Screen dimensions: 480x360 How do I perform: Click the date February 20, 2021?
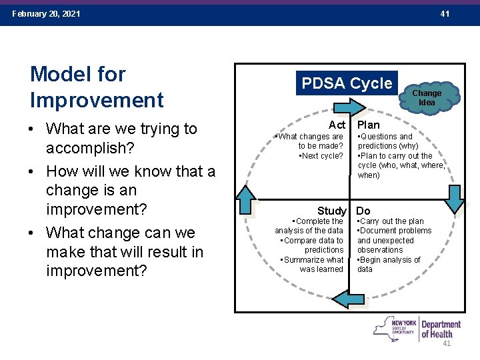46,14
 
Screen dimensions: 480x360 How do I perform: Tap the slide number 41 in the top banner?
445,14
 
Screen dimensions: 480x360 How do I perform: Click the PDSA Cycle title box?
347,83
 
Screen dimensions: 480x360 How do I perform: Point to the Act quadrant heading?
337,125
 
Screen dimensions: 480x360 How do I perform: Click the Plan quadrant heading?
369,125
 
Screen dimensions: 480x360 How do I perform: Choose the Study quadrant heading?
331,211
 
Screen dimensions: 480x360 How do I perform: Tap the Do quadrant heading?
364,211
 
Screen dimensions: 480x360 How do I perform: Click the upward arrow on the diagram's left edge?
246,199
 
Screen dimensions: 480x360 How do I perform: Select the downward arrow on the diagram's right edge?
456,199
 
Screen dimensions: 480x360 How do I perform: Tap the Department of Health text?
441,329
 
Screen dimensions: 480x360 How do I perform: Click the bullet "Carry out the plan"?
393,221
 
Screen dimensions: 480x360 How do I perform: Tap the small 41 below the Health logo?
447,343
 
